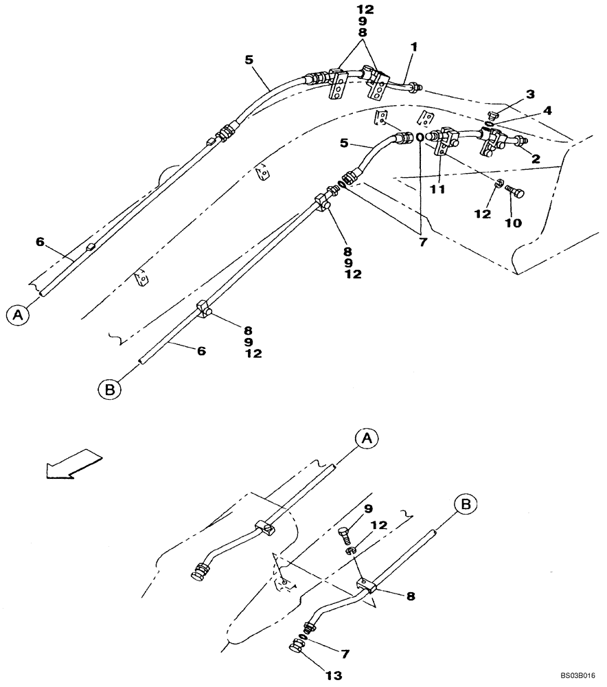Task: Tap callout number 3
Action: coord(530,93)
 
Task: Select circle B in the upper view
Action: coord(108,389)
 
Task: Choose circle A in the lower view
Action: coord(367,438)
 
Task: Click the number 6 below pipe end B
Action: coord(201,350)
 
